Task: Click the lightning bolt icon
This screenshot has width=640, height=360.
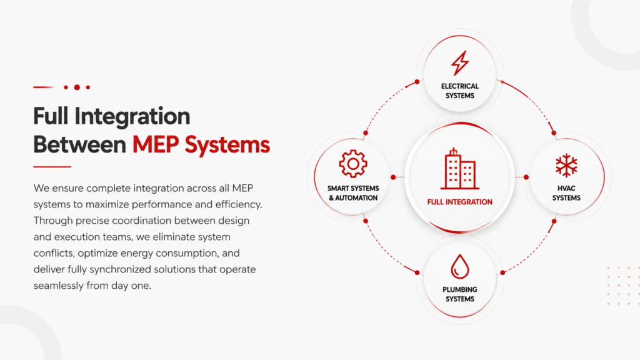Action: pyautogui.click(x=460, y=63)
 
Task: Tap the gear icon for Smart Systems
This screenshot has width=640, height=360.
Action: pyautogui.click(x=353, y=164)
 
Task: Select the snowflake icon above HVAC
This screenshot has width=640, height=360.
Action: pyautogui.click(x=566, y=165)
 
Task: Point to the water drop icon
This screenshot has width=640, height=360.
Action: pyautogui.click(x=460, y=266)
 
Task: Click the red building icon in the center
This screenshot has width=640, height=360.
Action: pyautogui.click(x=460, y=169)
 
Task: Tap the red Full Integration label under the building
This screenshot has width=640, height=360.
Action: pyautogui.click(x=460, y=202)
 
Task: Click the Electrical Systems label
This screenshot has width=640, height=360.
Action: pyautogui.click(x=460, y=91)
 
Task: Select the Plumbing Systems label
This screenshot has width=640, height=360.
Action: pyautogui.click(x=460, y=294)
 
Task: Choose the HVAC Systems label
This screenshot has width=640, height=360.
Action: pyautogui.click(x=566, y=193)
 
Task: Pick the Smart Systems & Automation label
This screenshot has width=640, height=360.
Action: pyautogui.click(x=353, y=193)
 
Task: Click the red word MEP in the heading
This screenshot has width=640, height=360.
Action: pyautogui.click(x=156, y=144)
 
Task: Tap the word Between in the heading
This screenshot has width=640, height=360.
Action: pyautogui.click(x=79, y=144)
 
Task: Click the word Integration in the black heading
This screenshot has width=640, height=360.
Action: pyautogui.click(x=132, y=116)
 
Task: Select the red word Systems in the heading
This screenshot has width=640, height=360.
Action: pyautogui.click(x=227, y=145)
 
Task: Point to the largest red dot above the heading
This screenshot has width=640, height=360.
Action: pyautogui.click(x=77, y=87)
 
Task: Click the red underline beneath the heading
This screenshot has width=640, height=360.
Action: pyautogui.click(x=52, y=166)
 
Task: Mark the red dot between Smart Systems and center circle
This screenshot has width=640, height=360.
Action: pyautogui.click(x=393, y=177)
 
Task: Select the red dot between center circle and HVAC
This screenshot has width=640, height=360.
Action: pyautogui.click(x=526, y=177)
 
